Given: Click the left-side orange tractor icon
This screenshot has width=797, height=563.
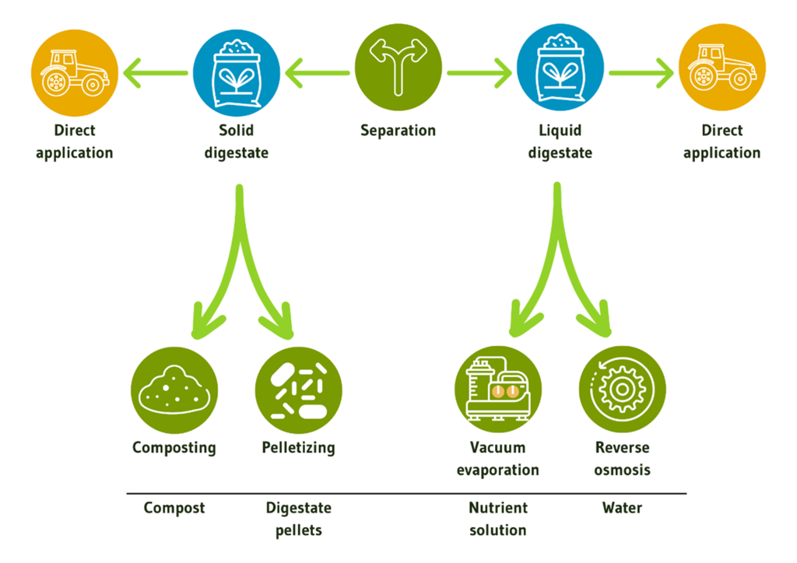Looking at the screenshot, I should [75, 72].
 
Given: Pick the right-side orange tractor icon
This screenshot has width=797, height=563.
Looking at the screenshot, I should [722, 74].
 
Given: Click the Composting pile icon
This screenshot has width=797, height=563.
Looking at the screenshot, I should [174, 390].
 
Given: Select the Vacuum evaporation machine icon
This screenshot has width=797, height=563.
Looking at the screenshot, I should [497, 390].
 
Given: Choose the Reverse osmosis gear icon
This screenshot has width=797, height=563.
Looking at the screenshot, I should [623, 390].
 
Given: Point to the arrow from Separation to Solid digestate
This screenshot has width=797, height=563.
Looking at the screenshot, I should [318, 75].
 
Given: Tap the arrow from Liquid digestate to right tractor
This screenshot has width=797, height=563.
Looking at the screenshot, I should [641, 75].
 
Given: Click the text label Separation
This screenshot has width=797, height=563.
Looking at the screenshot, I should [398, 131].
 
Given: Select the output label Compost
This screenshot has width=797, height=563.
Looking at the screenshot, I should [174, 508].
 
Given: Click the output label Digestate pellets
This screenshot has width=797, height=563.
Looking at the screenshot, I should [299, 519].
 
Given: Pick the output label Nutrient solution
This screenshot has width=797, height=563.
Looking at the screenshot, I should [497, 519].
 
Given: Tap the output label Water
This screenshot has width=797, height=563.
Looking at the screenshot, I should [623, 508].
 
